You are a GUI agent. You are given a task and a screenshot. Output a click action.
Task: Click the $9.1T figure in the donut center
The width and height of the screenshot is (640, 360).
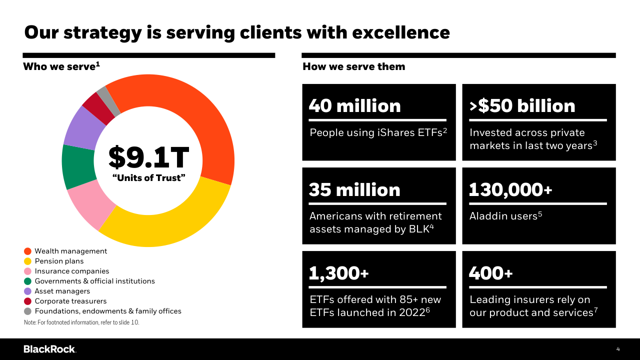148,157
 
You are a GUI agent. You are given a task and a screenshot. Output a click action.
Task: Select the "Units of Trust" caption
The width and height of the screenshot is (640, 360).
148,178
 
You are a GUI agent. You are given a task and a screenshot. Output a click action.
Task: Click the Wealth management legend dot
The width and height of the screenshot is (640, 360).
27,251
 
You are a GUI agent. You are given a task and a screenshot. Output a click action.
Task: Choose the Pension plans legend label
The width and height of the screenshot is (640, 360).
59,261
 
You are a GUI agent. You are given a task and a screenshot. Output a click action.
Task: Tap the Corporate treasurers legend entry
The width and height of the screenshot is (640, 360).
70,301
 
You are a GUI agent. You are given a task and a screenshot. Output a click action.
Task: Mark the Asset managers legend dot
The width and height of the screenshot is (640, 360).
27,291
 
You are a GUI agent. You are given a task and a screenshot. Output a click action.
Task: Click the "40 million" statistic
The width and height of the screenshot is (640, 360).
354,106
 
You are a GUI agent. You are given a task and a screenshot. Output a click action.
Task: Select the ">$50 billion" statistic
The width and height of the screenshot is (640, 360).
522,106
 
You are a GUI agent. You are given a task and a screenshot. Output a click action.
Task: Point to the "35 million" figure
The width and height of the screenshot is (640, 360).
354,190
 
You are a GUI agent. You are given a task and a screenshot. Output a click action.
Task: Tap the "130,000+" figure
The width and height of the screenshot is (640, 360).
510,190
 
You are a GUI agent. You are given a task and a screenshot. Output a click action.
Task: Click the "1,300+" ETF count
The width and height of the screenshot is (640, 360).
338,273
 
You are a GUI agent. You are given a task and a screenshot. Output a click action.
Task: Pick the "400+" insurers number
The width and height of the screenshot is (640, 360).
490,273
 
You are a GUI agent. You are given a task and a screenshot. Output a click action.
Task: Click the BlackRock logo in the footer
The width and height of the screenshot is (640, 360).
49,349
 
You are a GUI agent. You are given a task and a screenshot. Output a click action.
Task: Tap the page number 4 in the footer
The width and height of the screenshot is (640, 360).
618,349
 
